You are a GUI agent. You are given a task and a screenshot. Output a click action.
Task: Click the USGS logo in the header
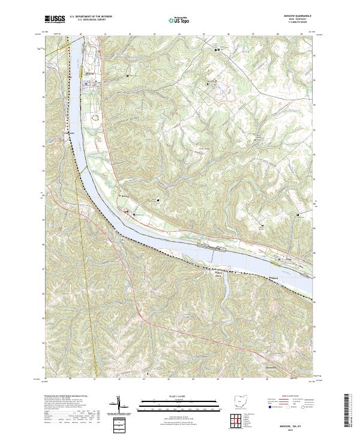[55, 20]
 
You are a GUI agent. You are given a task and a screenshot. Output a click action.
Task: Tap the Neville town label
[125, 196]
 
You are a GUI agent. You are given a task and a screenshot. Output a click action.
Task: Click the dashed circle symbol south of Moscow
[95, 116]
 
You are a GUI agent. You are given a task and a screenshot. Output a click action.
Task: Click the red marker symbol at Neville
[126, 211]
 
